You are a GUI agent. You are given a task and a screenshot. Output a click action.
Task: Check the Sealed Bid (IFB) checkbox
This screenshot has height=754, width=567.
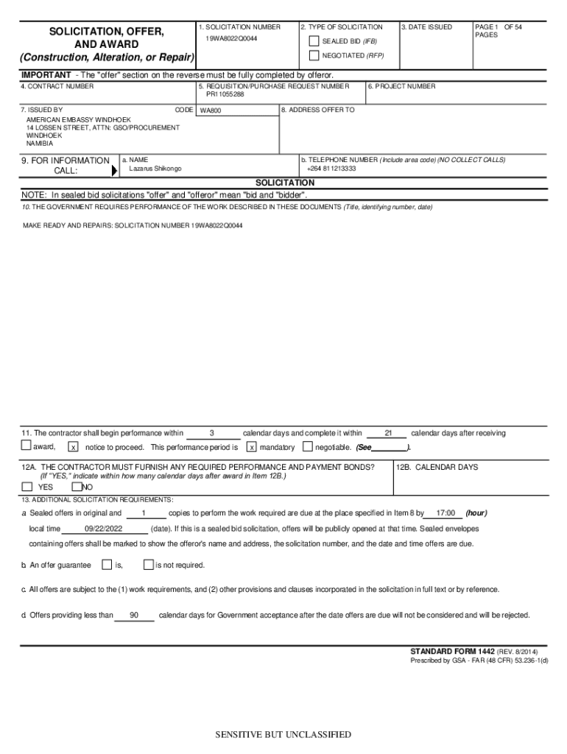(314, 41)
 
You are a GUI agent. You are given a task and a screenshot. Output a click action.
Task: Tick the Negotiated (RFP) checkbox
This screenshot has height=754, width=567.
(314, 55)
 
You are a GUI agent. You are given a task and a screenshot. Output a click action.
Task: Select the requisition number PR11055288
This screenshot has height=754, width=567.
(225, 94)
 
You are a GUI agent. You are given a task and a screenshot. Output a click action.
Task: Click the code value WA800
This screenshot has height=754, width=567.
(211, 111)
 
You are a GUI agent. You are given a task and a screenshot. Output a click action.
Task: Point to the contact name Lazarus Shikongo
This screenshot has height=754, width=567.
(155, 169)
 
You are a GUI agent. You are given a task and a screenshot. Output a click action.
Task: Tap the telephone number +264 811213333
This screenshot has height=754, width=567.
(331, 169)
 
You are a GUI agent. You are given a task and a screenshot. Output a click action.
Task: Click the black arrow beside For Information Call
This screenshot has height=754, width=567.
(114, 170)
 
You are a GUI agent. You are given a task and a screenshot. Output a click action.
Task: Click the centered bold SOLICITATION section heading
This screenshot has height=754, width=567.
(284, 182)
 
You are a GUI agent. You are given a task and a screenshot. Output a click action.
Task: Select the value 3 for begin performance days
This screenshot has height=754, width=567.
(212, 433)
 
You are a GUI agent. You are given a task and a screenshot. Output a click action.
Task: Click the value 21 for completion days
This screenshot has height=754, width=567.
(388, 433)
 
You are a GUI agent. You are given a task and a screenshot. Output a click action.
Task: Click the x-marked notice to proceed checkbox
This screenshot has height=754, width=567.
(73, 447)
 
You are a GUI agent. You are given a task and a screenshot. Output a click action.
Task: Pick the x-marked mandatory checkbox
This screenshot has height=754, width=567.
(252, 447)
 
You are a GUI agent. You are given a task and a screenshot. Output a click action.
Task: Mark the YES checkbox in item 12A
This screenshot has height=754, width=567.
(27, 487)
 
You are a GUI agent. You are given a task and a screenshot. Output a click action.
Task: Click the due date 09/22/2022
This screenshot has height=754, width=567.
(104, 529)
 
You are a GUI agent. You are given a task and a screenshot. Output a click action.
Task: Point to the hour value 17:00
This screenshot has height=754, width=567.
(445, 513)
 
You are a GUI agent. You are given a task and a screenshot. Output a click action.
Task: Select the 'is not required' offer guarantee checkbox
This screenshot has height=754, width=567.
(148, 565)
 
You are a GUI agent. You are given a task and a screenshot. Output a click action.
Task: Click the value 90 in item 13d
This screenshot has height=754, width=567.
(133, 616)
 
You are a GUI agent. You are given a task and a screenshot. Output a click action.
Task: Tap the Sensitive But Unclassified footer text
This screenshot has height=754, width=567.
(283, 735)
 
